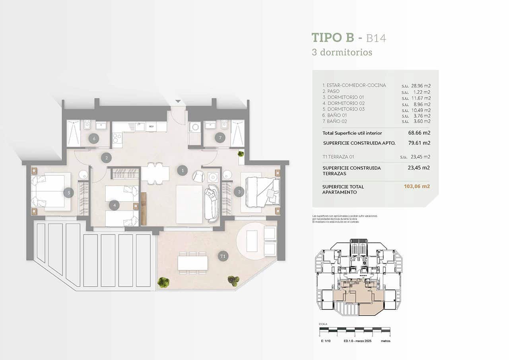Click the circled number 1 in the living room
[182, 171]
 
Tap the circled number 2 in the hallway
[106, 158]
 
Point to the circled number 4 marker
[114, 205]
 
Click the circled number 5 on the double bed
[68, 193]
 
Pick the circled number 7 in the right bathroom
[220, 138]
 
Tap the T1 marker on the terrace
[223, 256]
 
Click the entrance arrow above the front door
[178, 101]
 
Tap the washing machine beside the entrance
[194, 127]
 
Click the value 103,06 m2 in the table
[417, 186]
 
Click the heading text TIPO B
[332, 38]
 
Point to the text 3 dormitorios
[342, 52]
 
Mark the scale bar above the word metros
[355, 330]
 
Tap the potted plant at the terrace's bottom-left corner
[163, 282]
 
